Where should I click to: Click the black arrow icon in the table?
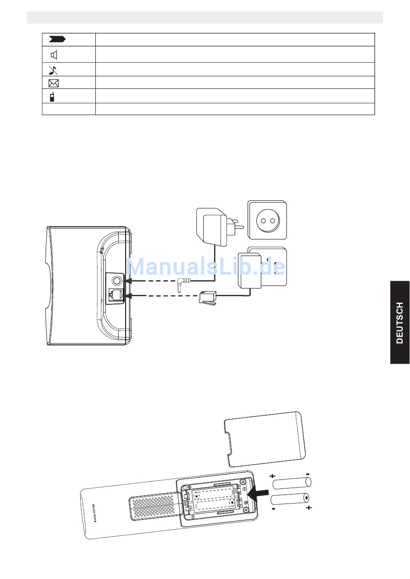tap(57, 40)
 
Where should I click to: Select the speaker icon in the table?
tap(54, 55)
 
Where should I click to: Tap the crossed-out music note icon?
tap(53, 70)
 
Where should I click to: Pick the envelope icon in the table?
tap(54, 83)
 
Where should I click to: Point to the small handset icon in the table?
tap(52, 96)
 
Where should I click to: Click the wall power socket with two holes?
tap(267, 220)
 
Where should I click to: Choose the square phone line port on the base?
tap(116, 295)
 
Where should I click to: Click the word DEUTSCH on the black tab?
tap(400, 322)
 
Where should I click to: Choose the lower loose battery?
tap(290, 499)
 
